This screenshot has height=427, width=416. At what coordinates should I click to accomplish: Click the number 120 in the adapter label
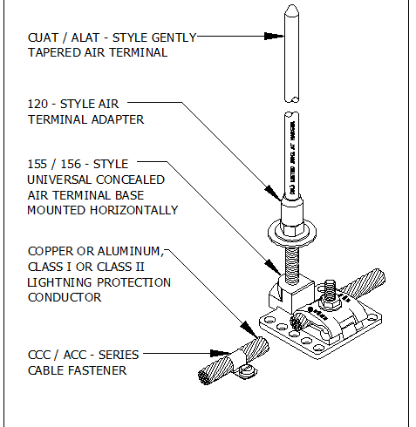pos(39,104)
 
